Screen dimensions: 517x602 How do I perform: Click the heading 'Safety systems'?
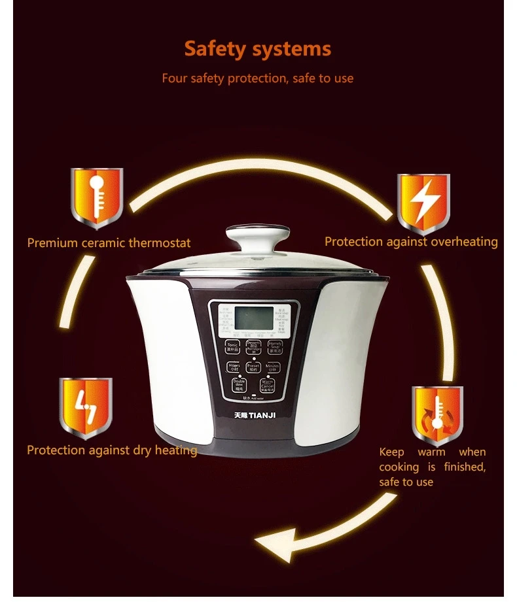257,48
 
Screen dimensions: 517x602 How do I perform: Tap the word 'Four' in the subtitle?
175,78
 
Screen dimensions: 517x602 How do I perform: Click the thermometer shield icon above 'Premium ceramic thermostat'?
97,197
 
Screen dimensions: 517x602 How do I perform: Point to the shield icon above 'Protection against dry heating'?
86,407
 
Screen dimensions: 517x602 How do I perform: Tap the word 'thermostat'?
160,243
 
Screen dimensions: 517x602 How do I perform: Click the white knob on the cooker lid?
258,237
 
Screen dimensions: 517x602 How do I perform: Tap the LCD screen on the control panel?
253,319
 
